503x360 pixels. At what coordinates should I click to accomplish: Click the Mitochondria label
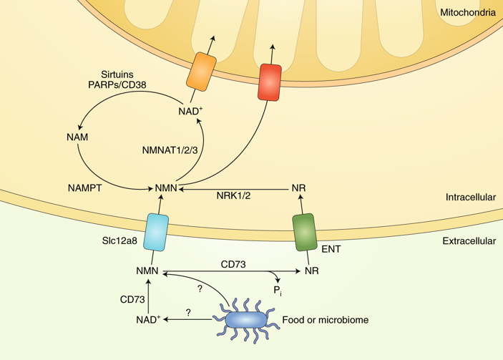click(468, 12)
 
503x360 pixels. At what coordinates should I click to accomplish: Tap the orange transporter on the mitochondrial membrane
click(201, 70)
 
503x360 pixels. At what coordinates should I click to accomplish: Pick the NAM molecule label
click(77, 137)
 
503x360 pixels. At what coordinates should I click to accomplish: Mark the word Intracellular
click(470, 197)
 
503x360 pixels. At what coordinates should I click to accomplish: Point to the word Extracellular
click(469, 241)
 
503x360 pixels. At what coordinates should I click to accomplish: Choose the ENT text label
click(331, 250)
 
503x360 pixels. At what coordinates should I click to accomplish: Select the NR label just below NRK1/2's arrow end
click(299, 189)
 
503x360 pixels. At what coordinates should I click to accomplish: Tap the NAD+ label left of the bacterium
click(148, 320)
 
